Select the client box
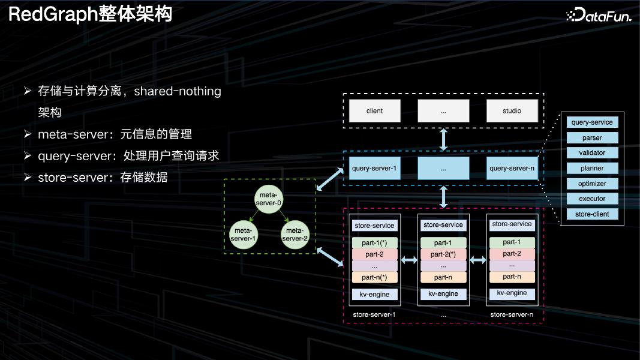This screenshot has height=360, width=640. point(374,110)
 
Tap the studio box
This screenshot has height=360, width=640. point(512,110)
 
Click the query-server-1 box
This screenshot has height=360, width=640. point(374,169)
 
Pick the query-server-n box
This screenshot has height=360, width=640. point(512,169)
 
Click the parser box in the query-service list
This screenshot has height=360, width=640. point(592,138)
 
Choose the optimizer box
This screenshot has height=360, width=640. point(592,184)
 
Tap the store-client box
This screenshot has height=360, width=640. point(592,214)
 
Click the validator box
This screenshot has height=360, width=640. point(592,153)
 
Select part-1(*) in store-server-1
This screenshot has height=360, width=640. point(375,244)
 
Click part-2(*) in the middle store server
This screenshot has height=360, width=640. point(443,254)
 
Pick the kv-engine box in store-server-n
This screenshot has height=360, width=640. point(512,293)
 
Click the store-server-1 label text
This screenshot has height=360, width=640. point(375,314)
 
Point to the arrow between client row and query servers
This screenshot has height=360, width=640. point(444,139)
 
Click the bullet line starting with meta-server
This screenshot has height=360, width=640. point(114,134)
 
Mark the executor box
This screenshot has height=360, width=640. point(592,199)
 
